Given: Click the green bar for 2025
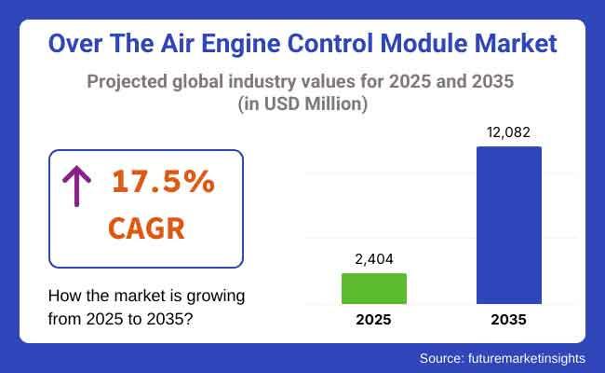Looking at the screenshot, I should (x=374, y=288).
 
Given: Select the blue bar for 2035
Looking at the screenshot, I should (x=508, y=224).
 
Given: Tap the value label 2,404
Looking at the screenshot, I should (x=374, y=259).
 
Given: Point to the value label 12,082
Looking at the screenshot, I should (x=508, y=132).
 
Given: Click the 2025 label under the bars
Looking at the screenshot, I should (x=374, y=320).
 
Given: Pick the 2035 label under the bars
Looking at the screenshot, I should (x=508, y=320).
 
